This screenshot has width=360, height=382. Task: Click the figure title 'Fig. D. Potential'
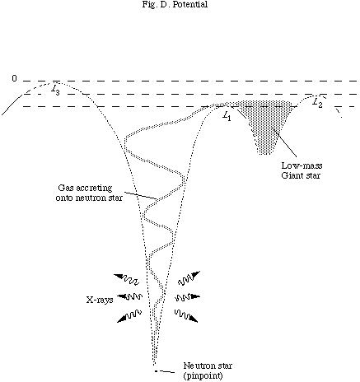pos(175,4)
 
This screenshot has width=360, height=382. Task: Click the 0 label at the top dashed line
pos(14,79)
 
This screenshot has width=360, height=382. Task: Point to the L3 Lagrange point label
pos(55,90)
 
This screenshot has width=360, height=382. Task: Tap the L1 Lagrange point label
pos(227,116)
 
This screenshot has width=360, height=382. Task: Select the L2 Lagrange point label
pos(318,103)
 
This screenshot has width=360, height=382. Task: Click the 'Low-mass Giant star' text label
pos(302,170)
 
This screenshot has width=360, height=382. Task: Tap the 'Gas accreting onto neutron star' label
pos(89,193)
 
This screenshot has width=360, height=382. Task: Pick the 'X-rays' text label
pos(100,300)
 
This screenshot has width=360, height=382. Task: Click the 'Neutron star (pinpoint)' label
pos(208,370)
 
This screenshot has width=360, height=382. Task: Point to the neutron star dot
pos(156,371)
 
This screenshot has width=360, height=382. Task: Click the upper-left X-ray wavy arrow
pos(126,279)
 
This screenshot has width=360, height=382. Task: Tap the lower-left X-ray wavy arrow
pos(129,315)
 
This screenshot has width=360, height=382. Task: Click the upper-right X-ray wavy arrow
pos(189,278)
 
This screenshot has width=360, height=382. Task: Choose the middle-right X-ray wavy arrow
pos(188,297)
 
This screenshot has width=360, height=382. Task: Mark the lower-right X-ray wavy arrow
pos(186,315)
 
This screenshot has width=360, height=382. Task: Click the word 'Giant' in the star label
pos(292,175)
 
